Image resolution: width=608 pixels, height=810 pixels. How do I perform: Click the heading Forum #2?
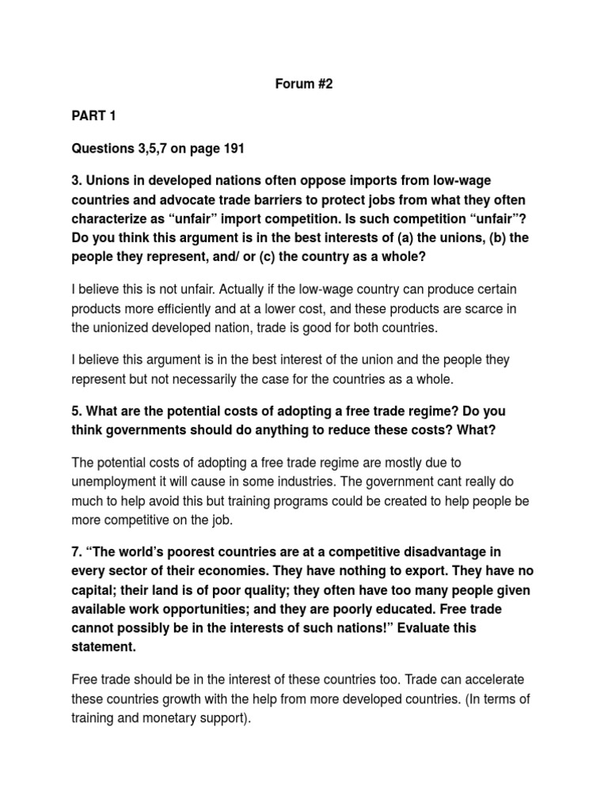[x=303, y=84]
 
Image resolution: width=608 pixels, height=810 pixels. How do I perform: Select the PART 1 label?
[x=93, y=116]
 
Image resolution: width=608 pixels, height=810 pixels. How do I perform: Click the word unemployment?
[x=119, y=483]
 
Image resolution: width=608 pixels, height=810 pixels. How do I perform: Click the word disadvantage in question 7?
[x=428, y=551]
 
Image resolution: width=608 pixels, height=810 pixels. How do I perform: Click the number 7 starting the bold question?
[x=76, y=551]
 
